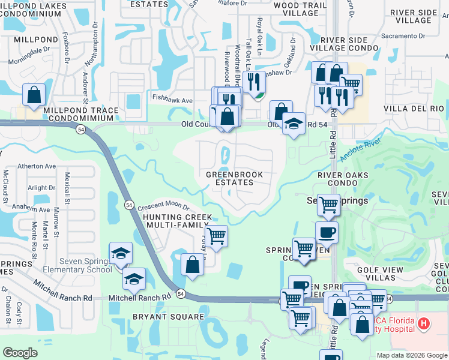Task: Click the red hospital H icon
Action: (424, 325)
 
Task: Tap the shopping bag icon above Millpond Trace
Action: (34, 95)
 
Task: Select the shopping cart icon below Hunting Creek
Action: (216, 235)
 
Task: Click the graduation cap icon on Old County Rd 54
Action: (293, 123)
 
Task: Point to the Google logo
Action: (20, 353)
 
